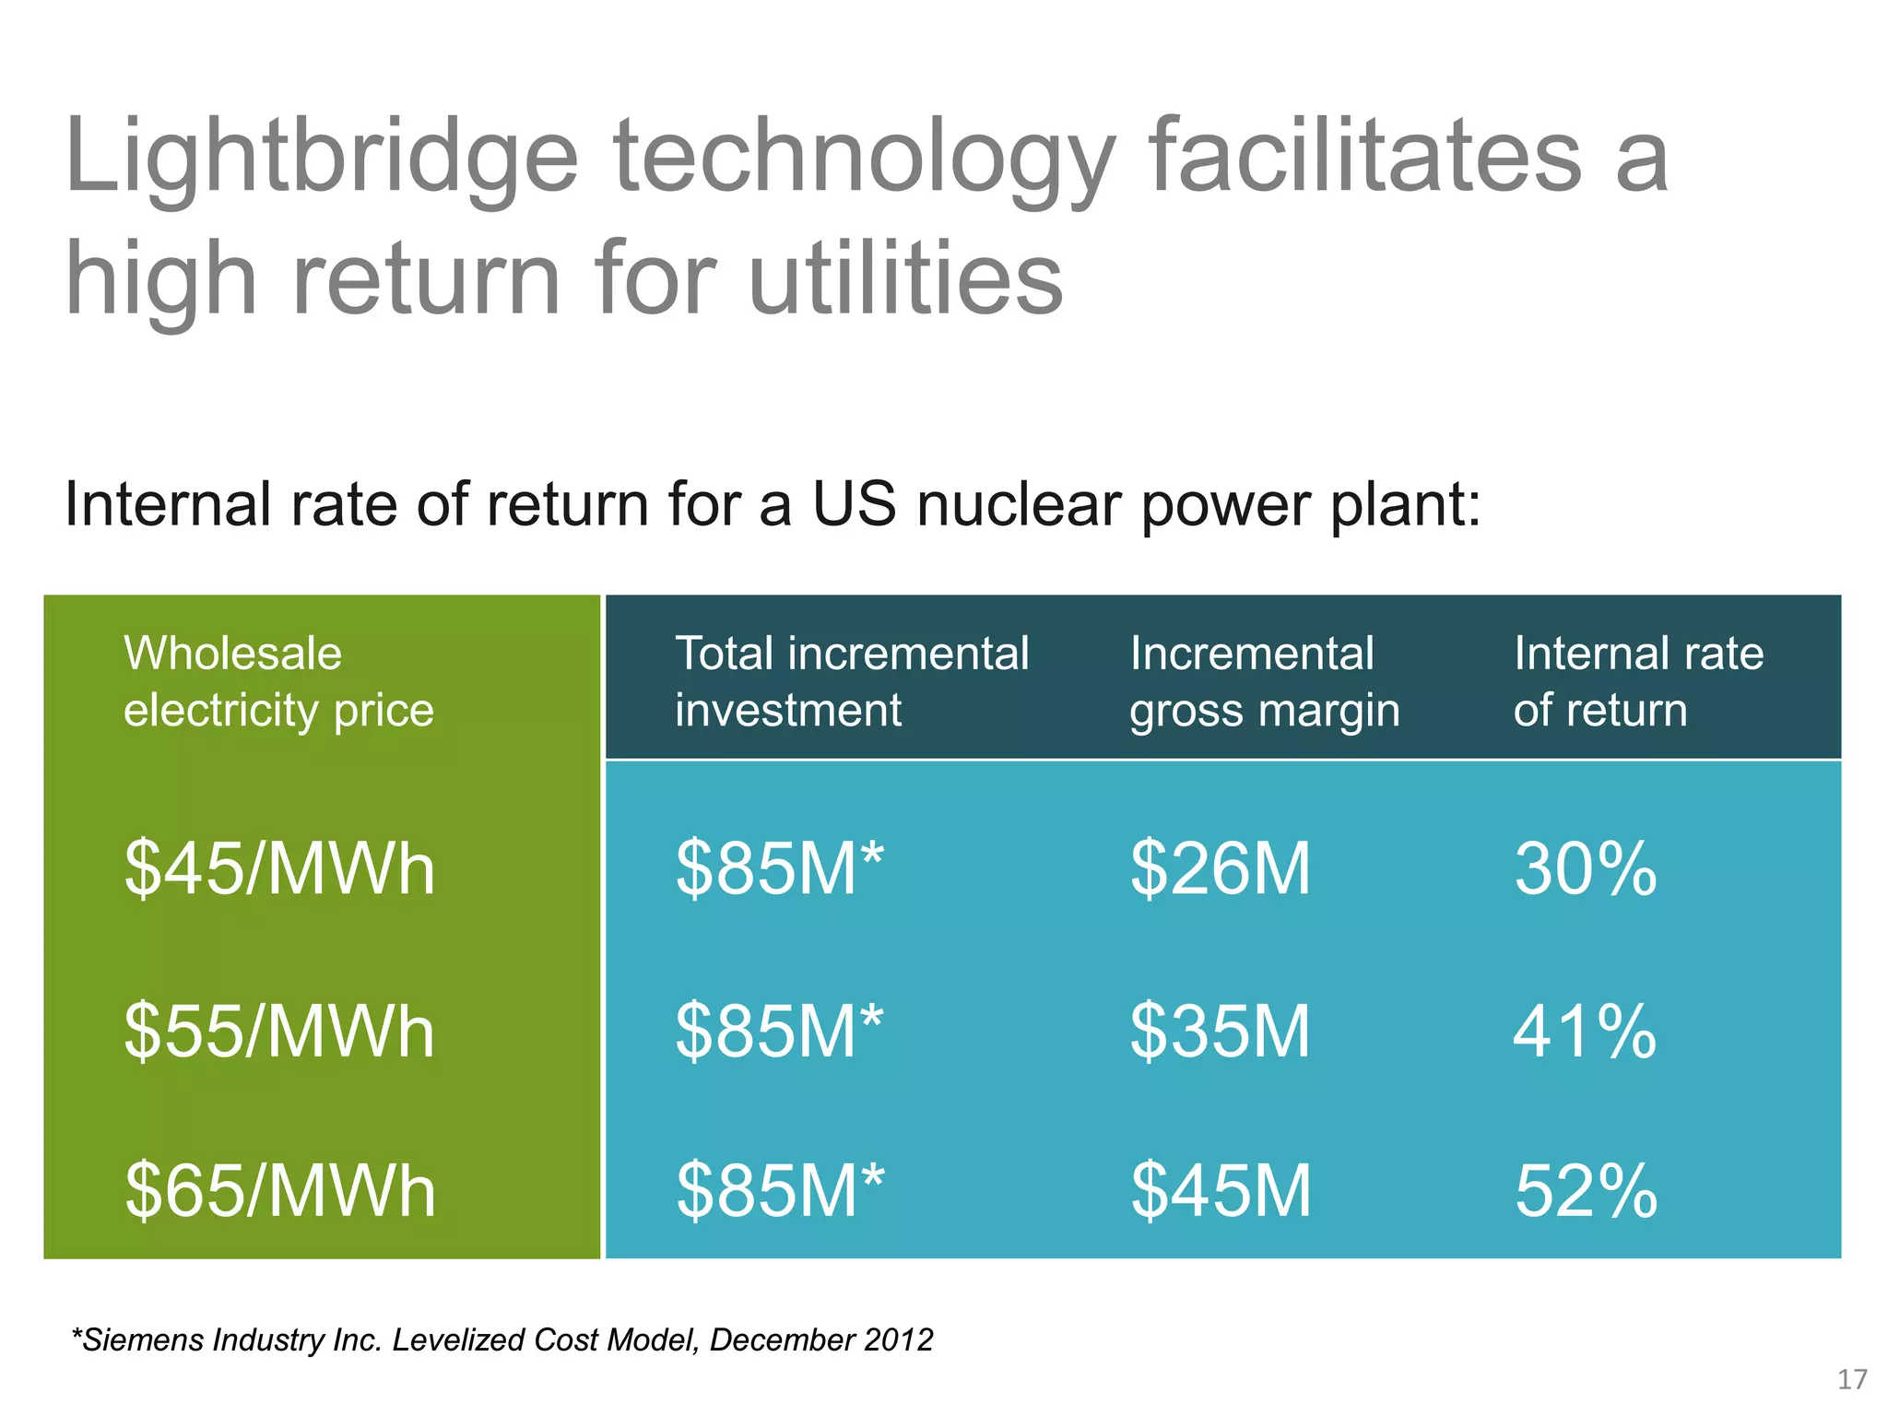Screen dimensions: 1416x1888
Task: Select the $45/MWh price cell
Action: tap(279, 869)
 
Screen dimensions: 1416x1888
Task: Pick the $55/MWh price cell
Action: tap(279, 1032)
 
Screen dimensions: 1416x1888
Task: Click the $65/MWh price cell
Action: tap(279, 1191)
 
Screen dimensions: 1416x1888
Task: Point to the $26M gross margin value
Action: tap(1220, 869)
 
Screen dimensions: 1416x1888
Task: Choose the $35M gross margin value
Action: tap(1220, 1032)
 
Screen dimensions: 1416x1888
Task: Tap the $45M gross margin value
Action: tap(1220, 1191)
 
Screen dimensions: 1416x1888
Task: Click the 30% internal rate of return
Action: tap(1585, 869)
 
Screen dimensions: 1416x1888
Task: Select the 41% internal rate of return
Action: tap(1585, 1032)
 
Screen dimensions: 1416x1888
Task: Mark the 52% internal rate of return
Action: tap(1585, 1191)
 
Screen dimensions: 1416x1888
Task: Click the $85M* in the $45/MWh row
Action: tap(779, 869)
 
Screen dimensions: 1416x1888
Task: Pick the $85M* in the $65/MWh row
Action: tap(779, 1191)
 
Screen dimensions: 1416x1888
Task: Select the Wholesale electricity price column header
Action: tap(278, 681)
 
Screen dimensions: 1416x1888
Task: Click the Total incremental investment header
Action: tap(851, 681)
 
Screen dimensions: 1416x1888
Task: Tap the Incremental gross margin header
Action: tap(1264, 681)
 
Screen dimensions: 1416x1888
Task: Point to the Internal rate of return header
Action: tap(1638, 681)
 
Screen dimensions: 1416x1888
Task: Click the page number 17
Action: tap(1852, 1379)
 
